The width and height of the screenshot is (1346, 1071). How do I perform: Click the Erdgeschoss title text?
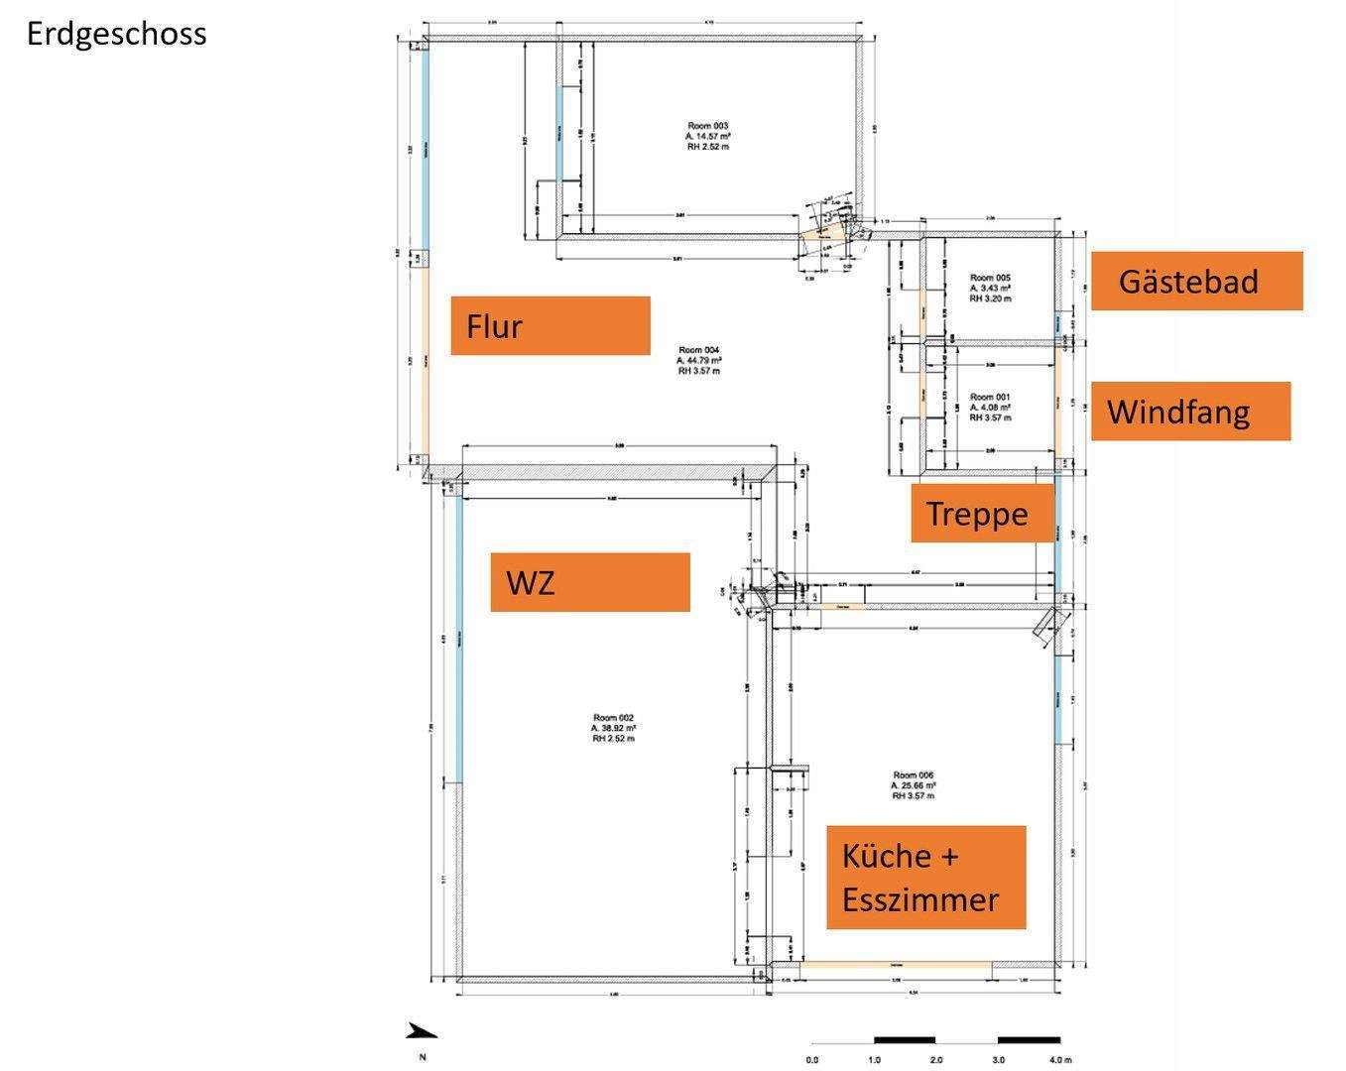(116, 34)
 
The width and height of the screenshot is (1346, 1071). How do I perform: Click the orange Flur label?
(550, 325)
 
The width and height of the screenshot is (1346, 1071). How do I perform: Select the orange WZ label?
(589, 582)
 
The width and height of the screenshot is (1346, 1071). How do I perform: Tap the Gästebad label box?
(1196, 281)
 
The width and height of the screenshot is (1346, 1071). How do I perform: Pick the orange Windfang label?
(1190, 411)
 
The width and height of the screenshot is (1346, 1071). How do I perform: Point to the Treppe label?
(981, 514)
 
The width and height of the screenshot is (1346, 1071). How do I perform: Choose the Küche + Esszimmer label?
(925, 878)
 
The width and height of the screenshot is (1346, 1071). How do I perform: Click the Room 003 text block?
(708, 136)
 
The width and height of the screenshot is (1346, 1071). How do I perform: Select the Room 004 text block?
(699, 360)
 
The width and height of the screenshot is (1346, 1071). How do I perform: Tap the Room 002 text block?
(613, 728)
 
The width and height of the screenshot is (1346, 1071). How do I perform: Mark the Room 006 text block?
(913, 785)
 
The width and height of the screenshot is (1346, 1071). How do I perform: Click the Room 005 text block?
(990, 288)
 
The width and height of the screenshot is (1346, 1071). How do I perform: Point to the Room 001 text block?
(990, 407)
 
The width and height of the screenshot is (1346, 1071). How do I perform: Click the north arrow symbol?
(422, 1032)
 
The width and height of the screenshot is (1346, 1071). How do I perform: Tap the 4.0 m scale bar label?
(1059, 1060)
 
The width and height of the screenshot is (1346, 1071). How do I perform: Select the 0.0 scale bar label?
(812, 1060)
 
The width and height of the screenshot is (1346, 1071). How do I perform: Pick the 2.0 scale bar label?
(936, 1060)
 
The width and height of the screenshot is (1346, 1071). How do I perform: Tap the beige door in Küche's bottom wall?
(896, 965)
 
